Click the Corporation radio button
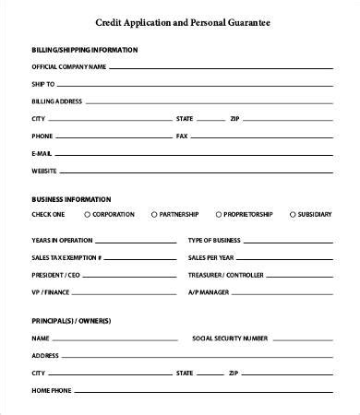point(87,214)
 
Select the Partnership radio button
point(153,214)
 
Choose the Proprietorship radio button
point(219,214)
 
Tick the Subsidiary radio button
point(292,214)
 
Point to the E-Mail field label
point(42,153)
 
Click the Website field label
point(44,171)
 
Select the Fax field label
point(181,136)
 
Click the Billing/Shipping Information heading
point(85,49)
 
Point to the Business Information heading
point(71,198)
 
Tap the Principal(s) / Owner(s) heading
point(71,320)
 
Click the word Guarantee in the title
point(252,21)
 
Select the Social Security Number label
point(230,338)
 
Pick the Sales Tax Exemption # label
point(66,257)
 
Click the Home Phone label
point(51,390)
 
